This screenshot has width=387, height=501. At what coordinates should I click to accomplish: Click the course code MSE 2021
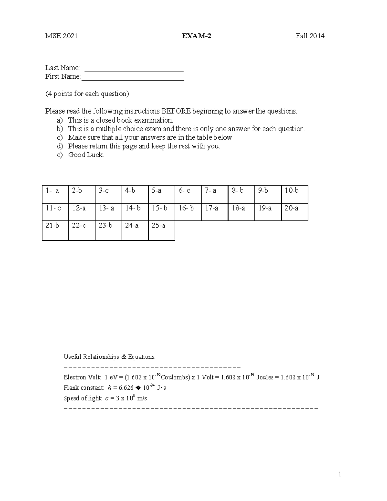(61, 36)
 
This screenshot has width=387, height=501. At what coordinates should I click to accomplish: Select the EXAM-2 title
(196, 36)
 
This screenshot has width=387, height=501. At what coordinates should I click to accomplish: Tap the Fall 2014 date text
(310, 36)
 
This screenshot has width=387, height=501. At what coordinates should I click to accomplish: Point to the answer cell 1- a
(55, 194)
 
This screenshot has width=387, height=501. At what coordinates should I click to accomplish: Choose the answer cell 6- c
(188, 194)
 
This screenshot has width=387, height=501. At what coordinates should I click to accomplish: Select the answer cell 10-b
(294, 194)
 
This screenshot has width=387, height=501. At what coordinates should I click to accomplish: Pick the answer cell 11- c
(55, 212)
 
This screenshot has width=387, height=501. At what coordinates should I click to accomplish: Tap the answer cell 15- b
(162, 212)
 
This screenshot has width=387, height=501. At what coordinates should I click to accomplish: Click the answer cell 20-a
(294, 212)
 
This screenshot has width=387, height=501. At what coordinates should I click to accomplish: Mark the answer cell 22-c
(82, 230)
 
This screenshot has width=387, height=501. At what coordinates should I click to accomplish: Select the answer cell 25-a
(162, 230)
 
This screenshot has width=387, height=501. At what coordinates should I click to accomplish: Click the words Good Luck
(86, 155)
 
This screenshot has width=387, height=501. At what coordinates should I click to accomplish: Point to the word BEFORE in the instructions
(176, 111)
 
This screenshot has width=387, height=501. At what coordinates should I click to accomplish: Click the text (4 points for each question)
(87, 94)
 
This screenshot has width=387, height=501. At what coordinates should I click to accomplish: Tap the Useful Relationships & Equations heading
(110, 357)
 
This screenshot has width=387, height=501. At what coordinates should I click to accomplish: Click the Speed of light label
(83, 398)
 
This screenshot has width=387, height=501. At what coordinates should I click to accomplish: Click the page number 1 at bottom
(340, 474)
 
